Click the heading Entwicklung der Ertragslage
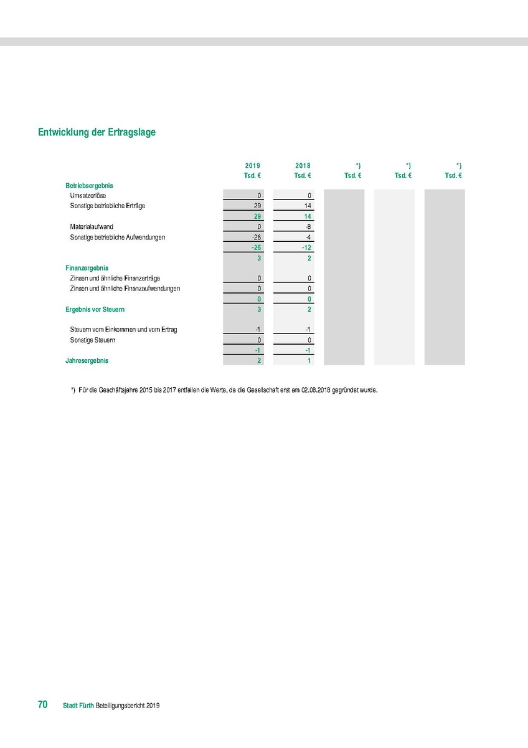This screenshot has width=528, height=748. click(97, 132)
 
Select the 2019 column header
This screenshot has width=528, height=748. click(252, 166)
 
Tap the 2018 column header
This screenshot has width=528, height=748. click(303, 166)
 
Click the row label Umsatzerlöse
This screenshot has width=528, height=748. click(88, 196)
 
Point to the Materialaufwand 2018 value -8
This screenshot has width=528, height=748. click(308, 226)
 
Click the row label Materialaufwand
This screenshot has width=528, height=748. click(92, 226)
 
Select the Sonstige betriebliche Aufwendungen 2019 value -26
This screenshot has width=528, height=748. click(255, 237)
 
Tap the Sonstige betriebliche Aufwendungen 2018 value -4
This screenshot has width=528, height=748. click(308, 237)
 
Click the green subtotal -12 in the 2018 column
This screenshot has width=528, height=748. click(306, 247)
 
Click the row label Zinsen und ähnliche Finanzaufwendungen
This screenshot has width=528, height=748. click(125, 289)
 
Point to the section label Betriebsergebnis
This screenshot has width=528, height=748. click(89, 186)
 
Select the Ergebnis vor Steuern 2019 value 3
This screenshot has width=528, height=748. click(258, 309)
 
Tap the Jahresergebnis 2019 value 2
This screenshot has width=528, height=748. click(258, 361)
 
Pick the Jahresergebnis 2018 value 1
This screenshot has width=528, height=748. click(309, 361)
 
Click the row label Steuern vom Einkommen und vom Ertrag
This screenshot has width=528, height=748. click(124, 329)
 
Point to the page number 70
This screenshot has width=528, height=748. click(43, 705)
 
